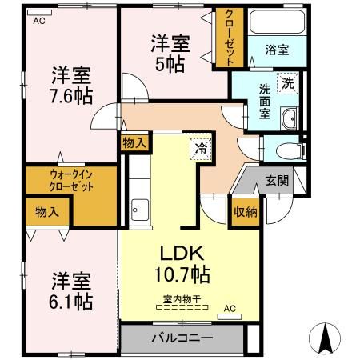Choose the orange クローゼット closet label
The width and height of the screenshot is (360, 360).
(x=230, y=38)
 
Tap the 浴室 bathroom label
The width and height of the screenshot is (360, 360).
(x=277, y=50)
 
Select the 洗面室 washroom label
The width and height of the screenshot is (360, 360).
(x=265, y=102)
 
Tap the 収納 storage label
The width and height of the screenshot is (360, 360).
(x=245, y=211)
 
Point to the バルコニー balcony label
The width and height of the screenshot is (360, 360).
(x=182, y=338)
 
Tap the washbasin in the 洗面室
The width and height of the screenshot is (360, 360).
(x=289, y=119)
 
